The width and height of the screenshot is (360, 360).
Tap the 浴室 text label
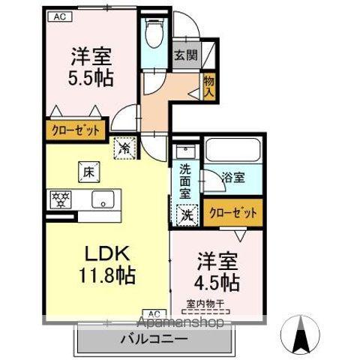[232, 178]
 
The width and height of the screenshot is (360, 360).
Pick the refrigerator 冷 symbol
[123, 148]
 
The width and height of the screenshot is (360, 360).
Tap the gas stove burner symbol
[59, 199]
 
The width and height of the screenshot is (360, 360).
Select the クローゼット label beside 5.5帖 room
[76, 130]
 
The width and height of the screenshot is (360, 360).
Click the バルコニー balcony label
[154, 338]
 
